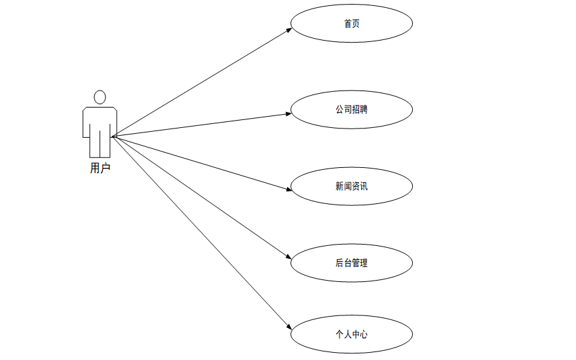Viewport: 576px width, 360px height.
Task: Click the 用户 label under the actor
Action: [100, 168]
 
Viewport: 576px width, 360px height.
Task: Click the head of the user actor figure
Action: [100, 97]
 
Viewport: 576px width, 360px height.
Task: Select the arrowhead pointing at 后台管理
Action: [288, 259]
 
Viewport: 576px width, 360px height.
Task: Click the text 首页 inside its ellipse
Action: [351, 24]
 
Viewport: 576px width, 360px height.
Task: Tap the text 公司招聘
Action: [351, 110]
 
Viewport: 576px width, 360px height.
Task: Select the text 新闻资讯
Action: [351, 186]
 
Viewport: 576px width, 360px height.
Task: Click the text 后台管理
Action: [351, 263]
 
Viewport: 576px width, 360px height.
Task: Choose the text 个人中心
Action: [351, 334]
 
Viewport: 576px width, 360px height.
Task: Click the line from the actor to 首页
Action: [200, 83]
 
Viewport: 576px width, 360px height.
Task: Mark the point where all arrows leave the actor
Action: [112, 136]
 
